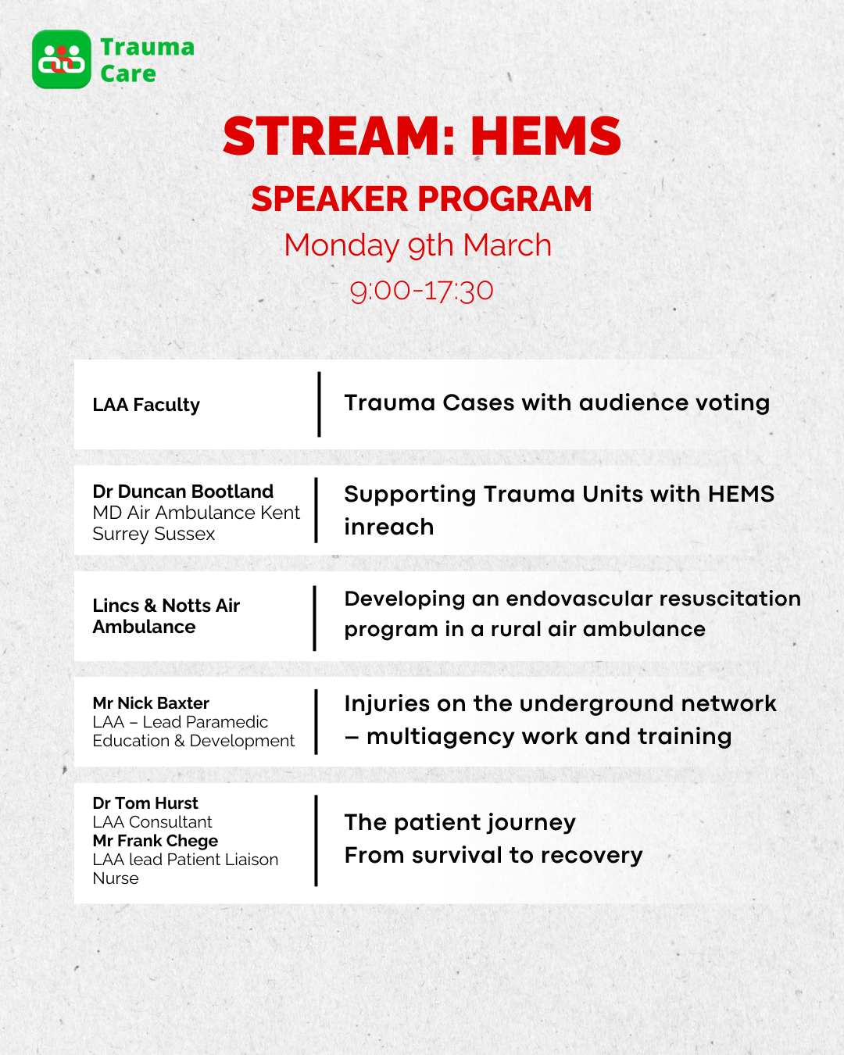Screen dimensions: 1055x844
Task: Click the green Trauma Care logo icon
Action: click(x=62, y=59)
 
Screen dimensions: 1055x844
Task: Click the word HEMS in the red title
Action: click(x=545, y=137)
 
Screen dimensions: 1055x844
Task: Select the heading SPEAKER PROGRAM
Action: click(x=421, y=199)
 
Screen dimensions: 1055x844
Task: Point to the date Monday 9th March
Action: click(x=417, y=245)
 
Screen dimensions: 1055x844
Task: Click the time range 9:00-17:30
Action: click(x=421, y=291)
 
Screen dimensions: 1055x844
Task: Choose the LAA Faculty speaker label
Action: click(x=146, y=405)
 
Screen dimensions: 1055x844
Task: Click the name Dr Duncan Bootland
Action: click(x=183, y=492)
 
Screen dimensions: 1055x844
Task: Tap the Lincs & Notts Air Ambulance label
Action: click(x=166, y=616)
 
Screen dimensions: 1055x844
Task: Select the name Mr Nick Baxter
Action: click(x=151, y=703)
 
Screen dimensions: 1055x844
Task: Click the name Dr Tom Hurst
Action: click(x=145, y=803)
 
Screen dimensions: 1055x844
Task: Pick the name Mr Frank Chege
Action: click(x=155, y=841)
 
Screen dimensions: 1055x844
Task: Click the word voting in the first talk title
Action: click(x=732, y=403)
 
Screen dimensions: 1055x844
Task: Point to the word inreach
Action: click(x=388, y=527)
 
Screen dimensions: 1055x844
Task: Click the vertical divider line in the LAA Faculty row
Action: click(x=319, y=405)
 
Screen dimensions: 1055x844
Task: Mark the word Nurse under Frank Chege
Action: click(x=116, y=878)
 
